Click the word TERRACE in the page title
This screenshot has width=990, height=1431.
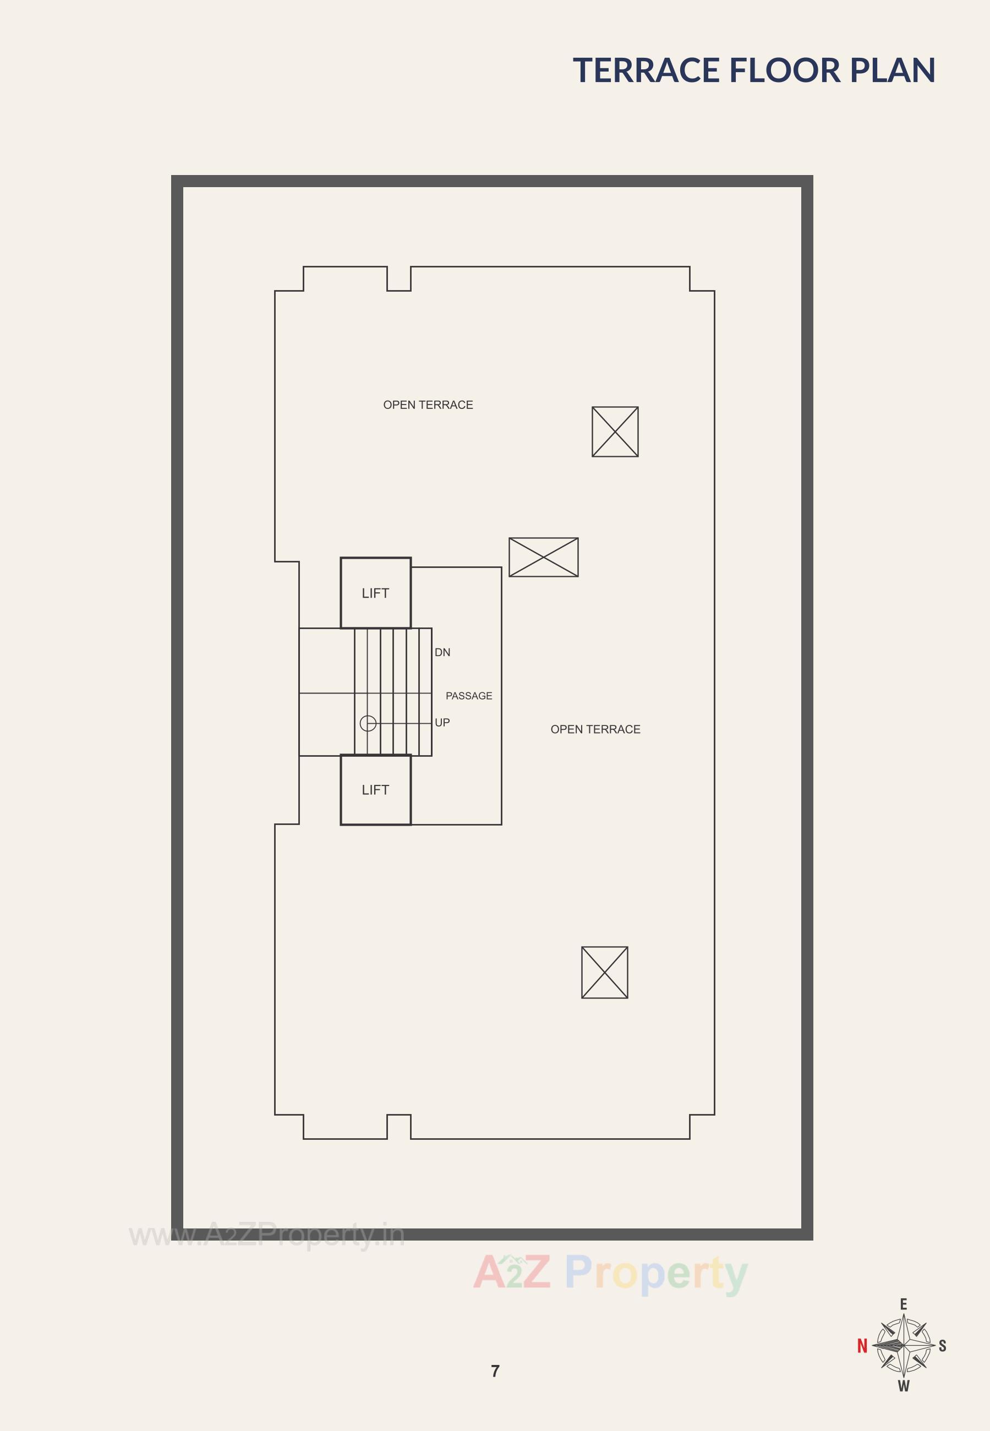pos(646,70)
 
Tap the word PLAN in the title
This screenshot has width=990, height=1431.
pos(893,70)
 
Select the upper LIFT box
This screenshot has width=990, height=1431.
pos(375,593)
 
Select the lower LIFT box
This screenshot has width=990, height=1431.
pos(375,790)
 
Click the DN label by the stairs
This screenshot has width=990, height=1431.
pos(442,652)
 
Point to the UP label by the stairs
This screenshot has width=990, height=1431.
pos(442,722)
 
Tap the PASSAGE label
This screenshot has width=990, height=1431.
pos(469,696)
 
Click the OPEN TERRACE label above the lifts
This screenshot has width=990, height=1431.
pos(428,405)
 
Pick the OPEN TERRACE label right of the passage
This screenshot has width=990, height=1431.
pos(595,729)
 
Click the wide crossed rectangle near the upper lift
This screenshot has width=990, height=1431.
pos(543,557)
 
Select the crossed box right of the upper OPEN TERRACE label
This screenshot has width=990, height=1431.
pos(615,432)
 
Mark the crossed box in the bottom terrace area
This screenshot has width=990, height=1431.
pos(604,972)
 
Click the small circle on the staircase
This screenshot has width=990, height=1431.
pos(368,723)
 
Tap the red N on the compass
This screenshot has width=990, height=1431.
pos(862,1345)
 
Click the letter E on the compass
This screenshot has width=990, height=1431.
pos(904,1304)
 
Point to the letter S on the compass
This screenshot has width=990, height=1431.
pos(942,1345)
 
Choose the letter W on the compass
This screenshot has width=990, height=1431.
pos(904,1386)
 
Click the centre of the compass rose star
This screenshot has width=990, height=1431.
pos(904,1345)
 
